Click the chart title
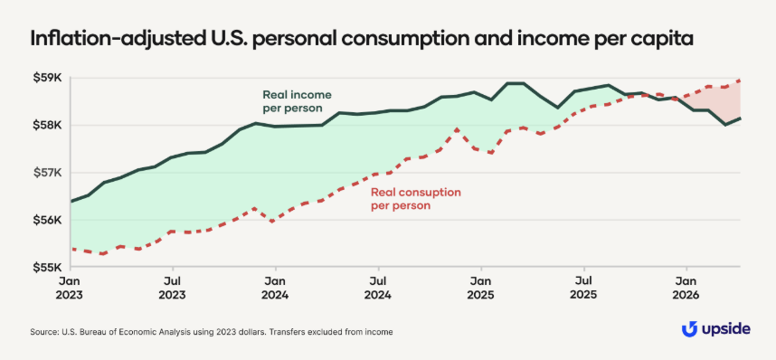pyautogui.click(x=362, y=38)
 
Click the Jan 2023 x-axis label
pyautogui.click(x=71, y=289)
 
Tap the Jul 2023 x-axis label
pyautogui.click(x=173, y=289)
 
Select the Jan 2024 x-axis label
pyautogui.click(x=275, y=289)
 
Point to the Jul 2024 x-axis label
pyautogui.click(x=379, y=289)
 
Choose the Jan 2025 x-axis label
pyautogui.click(x=480, y=289)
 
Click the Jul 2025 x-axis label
pyautogui.click(x=584, y=289)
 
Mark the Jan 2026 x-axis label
pyautogui.click(x=686, y=289)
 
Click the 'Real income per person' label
pyautogui.click(x=297, y=101)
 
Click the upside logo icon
pyautogui.click(x=690, y=329)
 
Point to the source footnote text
pyautogui.click(x=212, y=332)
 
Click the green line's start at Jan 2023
pyautogui.click(x=71, y=201)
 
